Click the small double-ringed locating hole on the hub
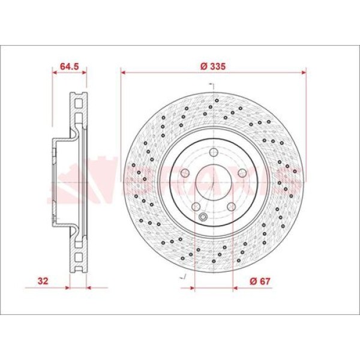(x=203, y=217)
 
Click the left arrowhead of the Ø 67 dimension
(x=193, y=287)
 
